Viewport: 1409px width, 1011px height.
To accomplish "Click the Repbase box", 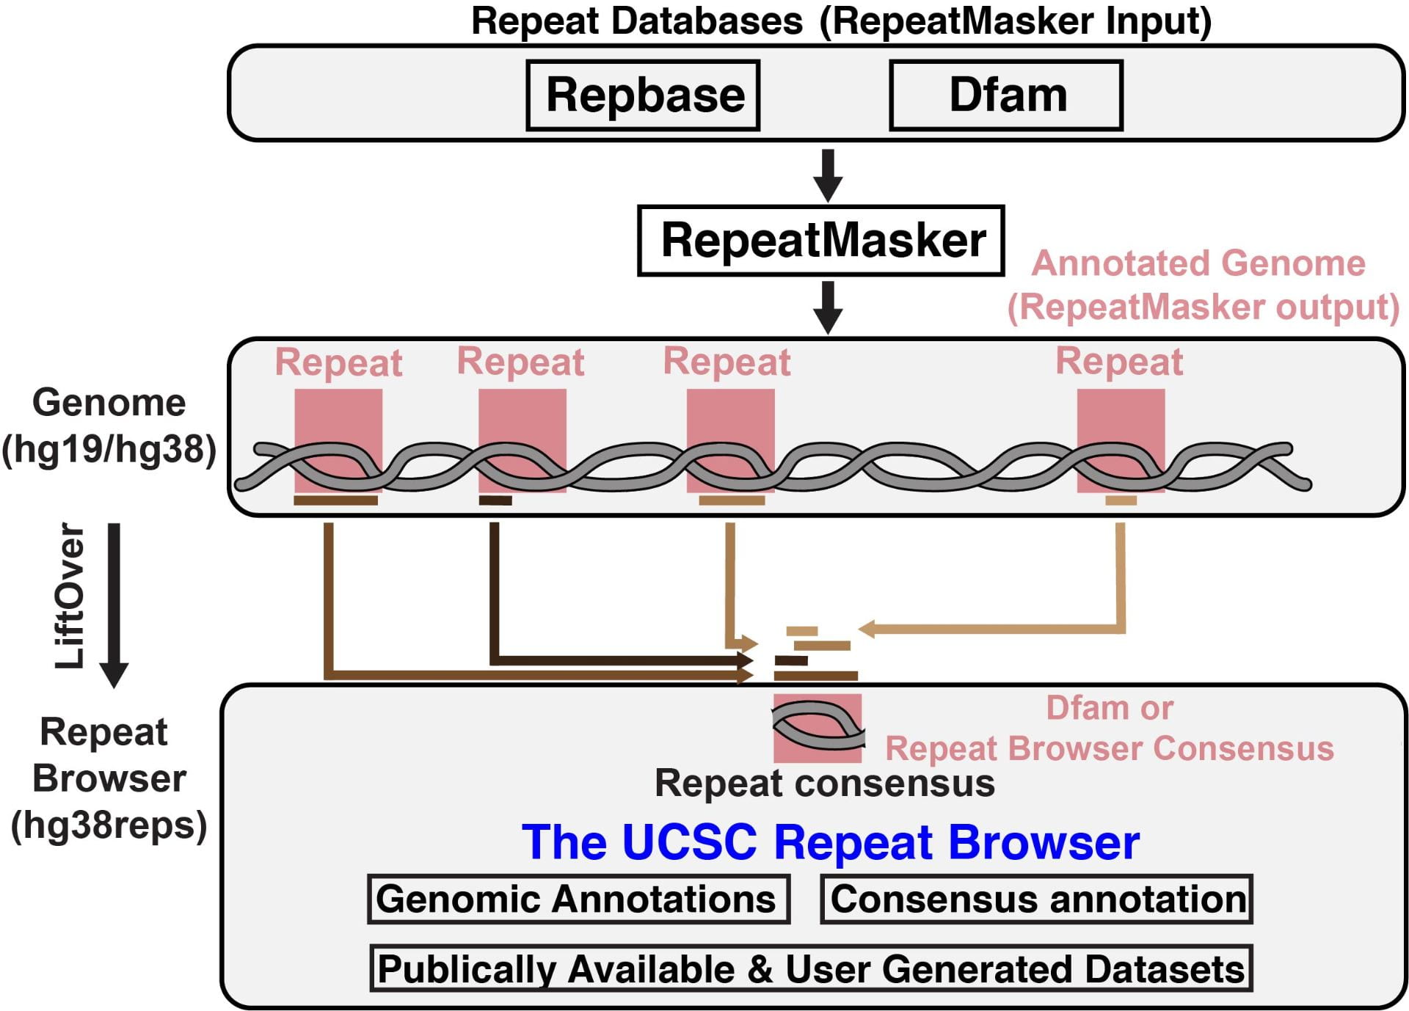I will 643,95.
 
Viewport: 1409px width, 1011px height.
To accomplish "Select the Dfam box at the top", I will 1006,95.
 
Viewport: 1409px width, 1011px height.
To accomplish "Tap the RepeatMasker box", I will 820,241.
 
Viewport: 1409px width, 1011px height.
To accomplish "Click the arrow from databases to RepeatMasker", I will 828,175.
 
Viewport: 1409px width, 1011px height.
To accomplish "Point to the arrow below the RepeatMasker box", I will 828,307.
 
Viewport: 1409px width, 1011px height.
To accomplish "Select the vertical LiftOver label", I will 71,596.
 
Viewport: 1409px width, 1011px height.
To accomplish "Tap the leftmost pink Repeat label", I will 338,362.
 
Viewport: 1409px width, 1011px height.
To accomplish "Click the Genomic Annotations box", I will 578,899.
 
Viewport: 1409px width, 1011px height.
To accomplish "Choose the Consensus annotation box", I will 1036,899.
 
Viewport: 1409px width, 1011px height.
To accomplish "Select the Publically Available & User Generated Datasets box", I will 810,968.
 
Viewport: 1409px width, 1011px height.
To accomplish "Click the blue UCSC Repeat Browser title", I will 830,842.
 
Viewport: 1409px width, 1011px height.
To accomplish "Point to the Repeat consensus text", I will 824,783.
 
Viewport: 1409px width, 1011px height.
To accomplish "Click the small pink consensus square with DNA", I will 817,728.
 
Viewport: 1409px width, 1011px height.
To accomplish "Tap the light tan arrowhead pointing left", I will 867,629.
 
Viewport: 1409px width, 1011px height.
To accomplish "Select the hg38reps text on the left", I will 109,825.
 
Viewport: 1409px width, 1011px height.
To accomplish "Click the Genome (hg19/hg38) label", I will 109,426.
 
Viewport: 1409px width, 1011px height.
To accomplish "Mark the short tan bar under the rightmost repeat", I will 1121,500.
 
